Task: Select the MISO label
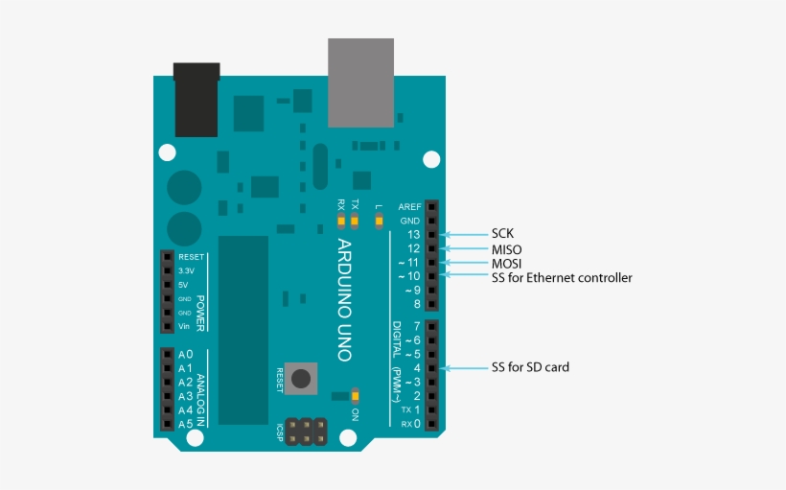coord(507,249)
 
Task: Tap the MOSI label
coord(507,264)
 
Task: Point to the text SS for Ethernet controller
coord(562,278)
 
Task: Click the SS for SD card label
coord(530,367)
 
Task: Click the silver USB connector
coord(360,82)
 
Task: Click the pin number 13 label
coord(413,235)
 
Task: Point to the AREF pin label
coord(409,207)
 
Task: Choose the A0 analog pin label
coord(186,355)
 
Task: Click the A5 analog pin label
coord(186,424)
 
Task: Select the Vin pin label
coord(185,327)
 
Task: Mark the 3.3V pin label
coord(187,271)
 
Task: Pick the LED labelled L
coord(379,222)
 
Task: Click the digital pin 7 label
coord(416,326)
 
